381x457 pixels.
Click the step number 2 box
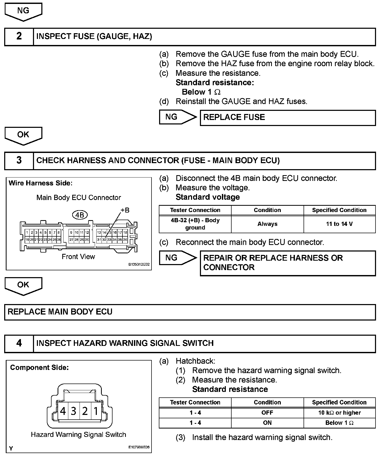pyautogui.click(x=19, y=36)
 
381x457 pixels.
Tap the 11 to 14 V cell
pyautogui.click(x=339, y=224)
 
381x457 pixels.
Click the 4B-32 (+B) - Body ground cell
pyautogui.click(x=195, y=224)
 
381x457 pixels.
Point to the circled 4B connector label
pyautogui.click(x=80, y=215)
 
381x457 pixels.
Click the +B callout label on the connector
pyautogui.click(x=125, y=210)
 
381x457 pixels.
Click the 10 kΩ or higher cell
pyautogui.click(x=339, y=413)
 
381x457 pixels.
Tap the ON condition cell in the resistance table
pyautogui.click(x=267, y=423)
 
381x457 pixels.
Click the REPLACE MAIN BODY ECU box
pyautogui.click(x=190, y=312)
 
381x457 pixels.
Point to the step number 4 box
pyautogui.click(x=19, y=343)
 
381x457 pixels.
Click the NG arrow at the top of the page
pyautogui.click(x=23, y=11)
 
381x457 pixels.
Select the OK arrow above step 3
pyautogui.click(x=23, y=135)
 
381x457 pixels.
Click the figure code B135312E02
pyautogui.click(x=139, y=264)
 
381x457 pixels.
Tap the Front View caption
pyautogui.click(x=78, y=257)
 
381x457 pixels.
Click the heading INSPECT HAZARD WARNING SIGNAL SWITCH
pyautogui.click(x=125, y=343)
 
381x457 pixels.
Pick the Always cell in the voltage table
pyautogui.click(x=267, y=224)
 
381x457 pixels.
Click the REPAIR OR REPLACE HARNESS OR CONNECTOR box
pyautogui.click(x=288, y=263)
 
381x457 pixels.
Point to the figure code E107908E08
pyautogui.click(x=139, y=447)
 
